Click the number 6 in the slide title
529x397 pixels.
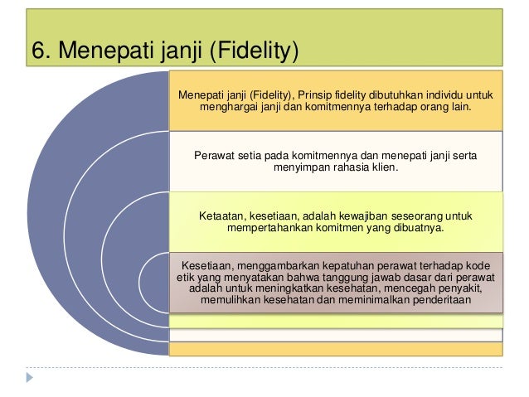38,51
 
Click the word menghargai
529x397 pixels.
230,109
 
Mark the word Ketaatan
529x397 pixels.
223,215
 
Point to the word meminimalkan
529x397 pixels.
368,299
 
